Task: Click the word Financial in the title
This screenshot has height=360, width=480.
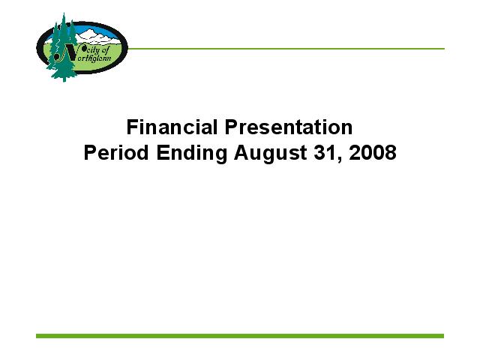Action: coord(172,127)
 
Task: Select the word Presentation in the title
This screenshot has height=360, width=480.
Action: coord(289,127)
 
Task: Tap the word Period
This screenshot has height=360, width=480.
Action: coord(116,152)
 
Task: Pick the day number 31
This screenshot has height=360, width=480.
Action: coord(325,152)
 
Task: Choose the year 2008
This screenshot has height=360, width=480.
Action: coord(373,152)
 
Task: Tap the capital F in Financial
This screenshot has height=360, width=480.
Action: coord(132,127)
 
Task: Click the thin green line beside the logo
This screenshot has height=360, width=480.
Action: coord(286,49)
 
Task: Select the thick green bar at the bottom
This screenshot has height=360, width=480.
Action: coord(240,336)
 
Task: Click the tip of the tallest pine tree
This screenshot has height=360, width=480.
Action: coord(64,13)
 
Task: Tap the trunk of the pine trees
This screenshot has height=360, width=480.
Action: coord(64,79)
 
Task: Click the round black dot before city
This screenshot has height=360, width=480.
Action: coord(81,47)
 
